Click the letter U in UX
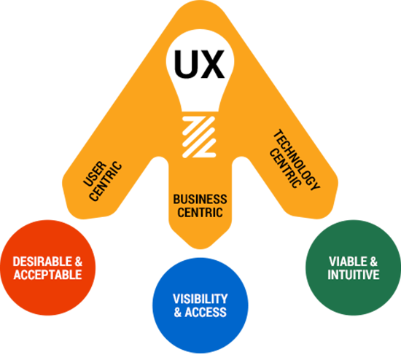[x=185, y=64]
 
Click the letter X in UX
[x=211, y=64]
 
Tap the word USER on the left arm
[x=95, y=174]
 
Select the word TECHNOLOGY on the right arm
[x=297, y=160]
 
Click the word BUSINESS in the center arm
[x=200, y=199]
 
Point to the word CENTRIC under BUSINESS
[x=200, y=213]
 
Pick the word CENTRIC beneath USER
[x=106, y=181]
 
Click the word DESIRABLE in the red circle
[x=42, y=262]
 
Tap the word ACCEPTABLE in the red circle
[x=47, y=275]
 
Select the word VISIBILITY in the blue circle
[x=200, y=299]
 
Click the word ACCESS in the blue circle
[x=206, y=312]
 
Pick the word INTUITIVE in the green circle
[x=354, y=275]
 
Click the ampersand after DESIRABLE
[x=79, y=262]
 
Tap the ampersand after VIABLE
[x=373, y=262]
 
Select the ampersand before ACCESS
[x=178, y=312]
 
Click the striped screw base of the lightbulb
[x=200, y=137]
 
